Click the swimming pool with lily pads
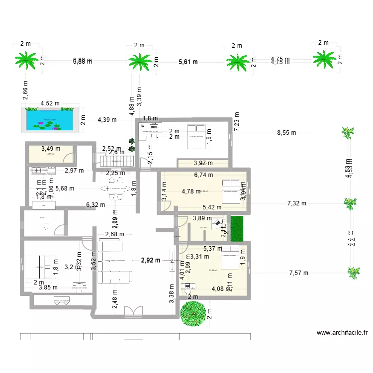pyautogui.click(x=49, y=120)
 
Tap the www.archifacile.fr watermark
pyautogui.click(x=341, y=333)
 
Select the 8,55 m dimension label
pyautogui.click(x=286, y=133)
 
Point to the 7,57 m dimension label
pyautogui.click(x=298, y=273)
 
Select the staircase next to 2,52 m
pyautogui.click(x=117, y=162)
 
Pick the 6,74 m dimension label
pyautogui.click(x=203, y=175)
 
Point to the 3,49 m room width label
pyautogui.click(x=50, y=148)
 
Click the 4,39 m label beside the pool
pyautogui.click(x=107, y=119)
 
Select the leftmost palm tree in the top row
pyautogui.click(x=26, y=61)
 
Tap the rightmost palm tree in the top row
pyautogui.click(x=325, y=60)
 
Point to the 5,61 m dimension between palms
pyautogui.click(x=188, y=62)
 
